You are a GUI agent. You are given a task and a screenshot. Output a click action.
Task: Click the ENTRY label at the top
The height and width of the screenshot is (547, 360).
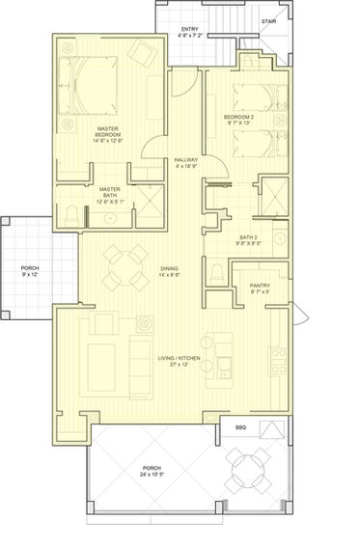(190, 30)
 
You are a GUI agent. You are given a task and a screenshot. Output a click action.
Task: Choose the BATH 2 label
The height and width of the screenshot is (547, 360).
(248, 236)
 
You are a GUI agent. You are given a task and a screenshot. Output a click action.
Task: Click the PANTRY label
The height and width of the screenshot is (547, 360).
(260, 286)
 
